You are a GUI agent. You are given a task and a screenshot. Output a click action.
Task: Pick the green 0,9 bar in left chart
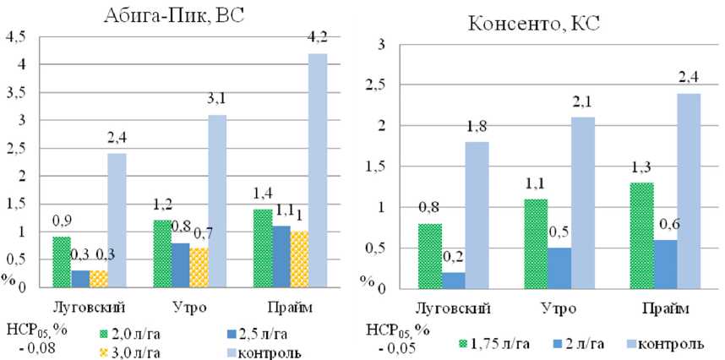(62, 262)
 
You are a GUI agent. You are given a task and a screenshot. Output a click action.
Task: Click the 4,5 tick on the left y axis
(16, 36)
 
